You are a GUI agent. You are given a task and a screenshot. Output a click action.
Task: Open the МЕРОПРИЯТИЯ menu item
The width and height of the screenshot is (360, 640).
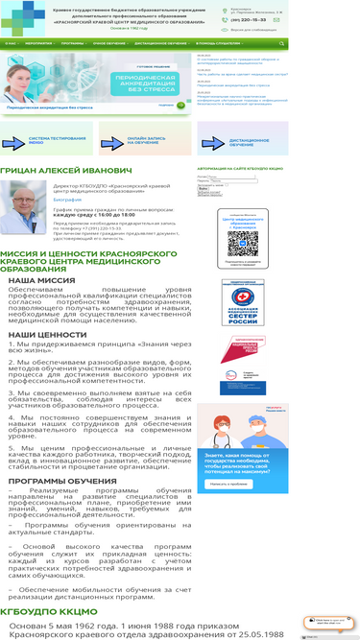tap(39, 43)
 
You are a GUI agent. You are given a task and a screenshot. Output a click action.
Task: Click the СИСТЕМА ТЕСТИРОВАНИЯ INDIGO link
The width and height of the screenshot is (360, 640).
tap(50, 140)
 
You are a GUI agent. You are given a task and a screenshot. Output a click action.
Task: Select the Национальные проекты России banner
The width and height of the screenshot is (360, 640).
tap(242, 365)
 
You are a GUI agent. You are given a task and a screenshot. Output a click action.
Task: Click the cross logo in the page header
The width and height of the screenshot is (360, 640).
tap(21, 17)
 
